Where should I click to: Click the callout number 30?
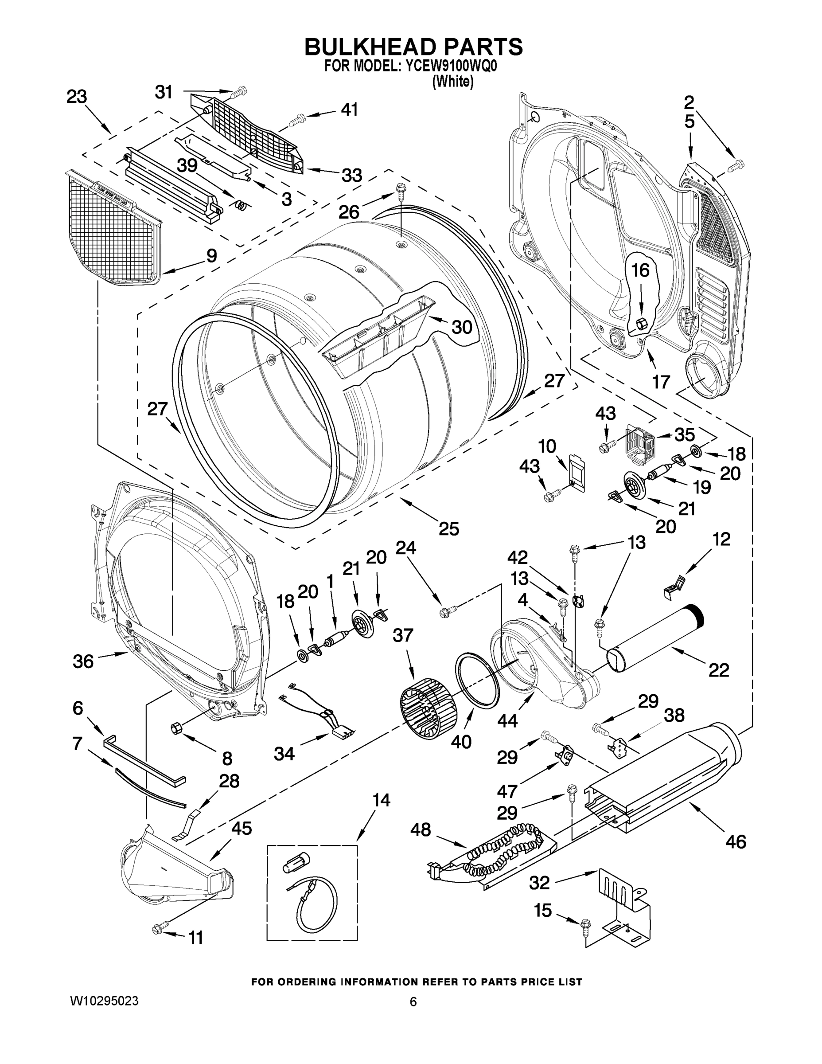(462, 327)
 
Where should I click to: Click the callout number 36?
(83, 661)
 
